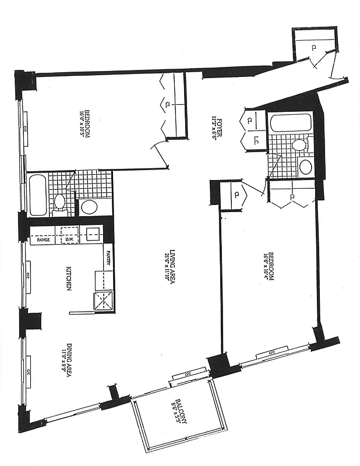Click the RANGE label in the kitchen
point(43,240)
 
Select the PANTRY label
point(108,256)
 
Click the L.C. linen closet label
point(256,140)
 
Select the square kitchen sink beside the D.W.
point(93,235)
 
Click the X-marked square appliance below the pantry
point(103,301)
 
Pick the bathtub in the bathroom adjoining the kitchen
point(37,195)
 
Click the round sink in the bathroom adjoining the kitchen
point(89,206)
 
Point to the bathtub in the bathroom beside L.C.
point(291,123)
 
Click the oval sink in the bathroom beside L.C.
point(305,167)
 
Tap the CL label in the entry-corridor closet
point(313,47)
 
